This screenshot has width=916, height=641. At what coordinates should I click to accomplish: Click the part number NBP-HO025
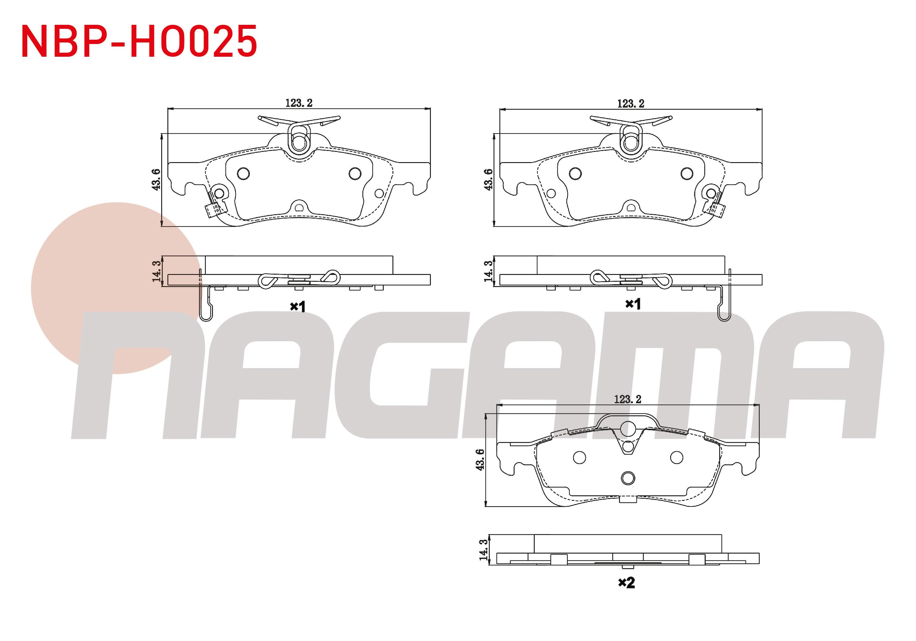[139, 42]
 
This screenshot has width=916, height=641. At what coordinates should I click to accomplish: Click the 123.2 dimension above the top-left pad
[299, 103]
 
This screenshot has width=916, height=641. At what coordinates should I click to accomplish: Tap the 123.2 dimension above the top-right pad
[631, 104]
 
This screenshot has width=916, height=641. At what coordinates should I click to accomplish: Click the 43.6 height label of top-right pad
[488, 179]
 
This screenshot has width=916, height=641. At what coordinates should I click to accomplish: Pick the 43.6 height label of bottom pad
[480, 459]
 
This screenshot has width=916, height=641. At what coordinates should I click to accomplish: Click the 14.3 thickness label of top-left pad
[157, 271]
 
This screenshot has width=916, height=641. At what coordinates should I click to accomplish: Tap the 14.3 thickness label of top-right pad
[488, 271]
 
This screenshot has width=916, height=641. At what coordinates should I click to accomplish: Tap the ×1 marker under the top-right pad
[633, 304]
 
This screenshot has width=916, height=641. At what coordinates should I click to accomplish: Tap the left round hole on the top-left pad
[243, 173]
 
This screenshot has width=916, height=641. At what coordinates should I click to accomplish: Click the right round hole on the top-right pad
[687, 173]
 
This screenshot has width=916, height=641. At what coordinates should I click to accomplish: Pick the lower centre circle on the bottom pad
[628, 478]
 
